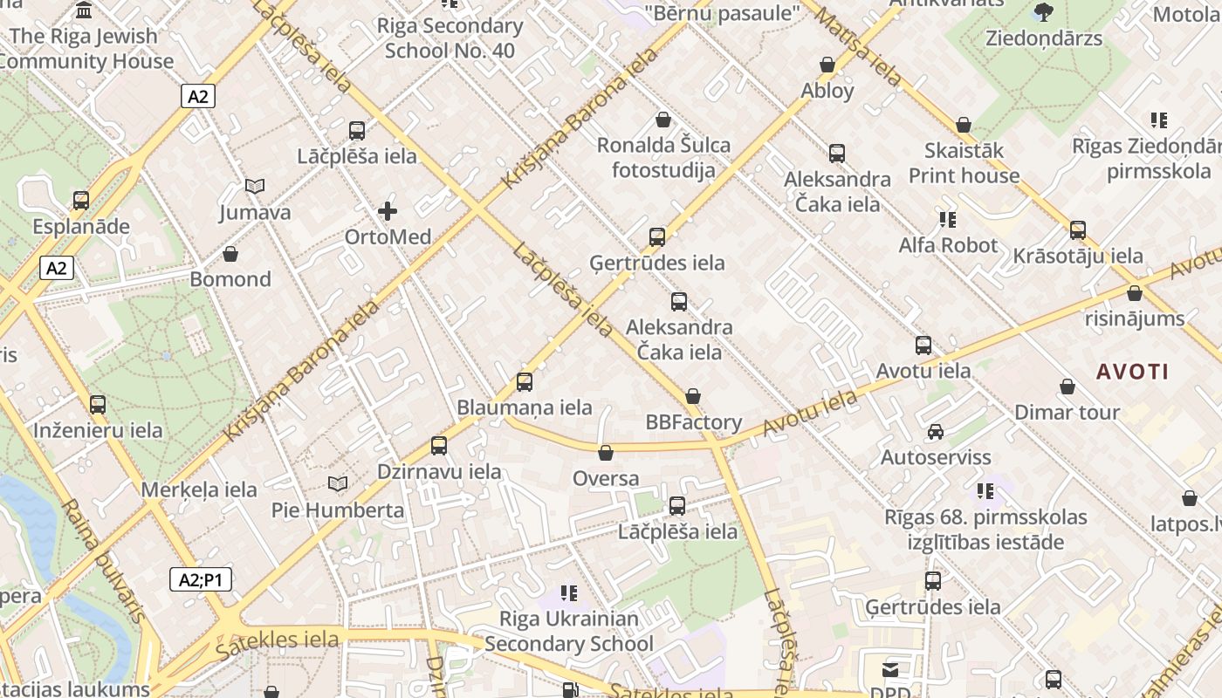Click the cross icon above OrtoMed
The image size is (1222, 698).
click(388, 211)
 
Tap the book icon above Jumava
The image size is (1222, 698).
click(255, 187)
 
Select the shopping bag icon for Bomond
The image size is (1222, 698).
click(230, 254)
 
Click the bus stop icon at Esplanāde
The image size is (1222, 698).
click(81, 201)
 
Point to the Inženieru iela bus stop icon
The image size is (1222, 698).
click(98, 405)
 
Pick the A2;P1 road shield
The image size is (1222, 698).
click(200, 579)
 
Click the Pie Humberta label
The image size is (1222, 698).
click(338, 510)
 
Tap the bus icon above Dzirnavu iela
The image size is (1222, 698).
click(439, 446)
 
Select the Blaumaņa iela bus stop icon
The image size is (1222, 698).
click(525, 382)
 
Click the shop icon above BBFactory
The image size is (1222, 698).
click(693, 397)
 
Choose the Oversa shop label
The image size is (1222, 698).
click(606, 479)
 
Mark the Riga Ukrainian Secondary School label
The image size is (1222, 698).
click(569, 632)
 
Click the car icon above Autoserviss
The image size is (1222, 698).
click(936, 432)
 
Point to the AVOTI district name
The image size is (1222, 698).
click(1132, 372)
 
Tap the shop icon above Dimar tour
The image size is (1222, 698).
click(1067, 387)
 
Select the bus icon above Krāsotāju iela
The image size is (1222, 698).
click(1078, 230)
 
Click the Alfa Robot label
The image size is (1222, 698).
click(948, 245)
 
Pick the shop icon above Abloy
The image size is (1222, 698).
click(827, 65)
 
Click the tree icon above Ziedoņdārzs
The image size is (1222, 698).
click(1043, 12)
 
